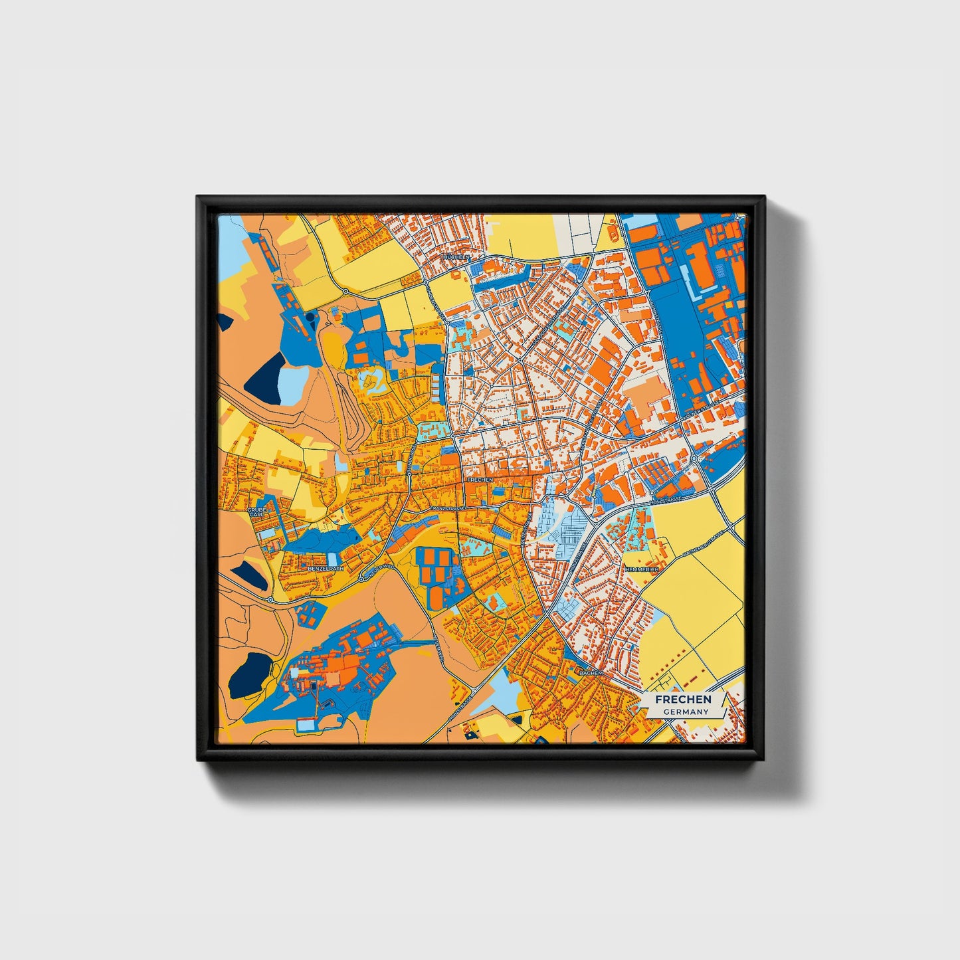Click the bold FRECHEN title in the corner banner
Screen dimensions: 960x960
(x=683, y=700)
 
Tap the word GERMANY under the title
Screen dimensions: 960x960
(x=686, y=712)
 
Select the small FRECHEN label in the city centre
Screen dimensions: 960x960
(x=480, y=479)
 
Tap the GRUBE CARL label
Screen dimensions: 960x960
(x=256, y=512)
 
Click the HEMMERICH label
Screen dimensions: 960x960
(x=640, y=570)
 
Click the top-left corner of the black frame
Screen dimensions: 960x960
(x=199, y=198)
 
